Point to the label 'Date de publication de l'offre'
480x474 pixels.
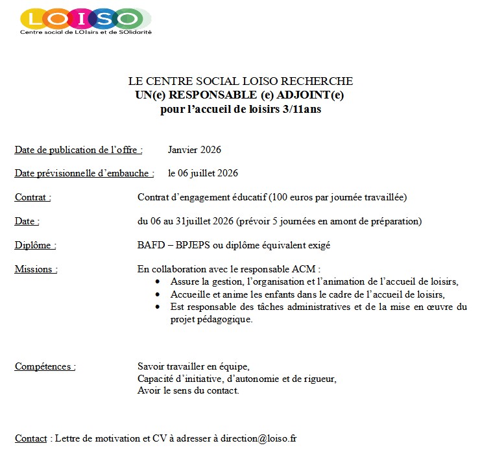(78, 150)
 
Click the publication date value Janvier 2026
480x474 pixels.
(194, 150)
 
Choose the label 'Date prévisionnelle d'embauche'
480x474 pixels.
(84, 173)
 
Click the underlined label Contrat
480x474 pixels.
(32, 197)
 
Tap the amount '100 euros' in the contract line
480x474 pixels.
(303, 197)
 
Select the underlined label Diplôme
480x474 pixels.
(35, 245)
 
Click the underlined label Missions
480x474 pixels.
(36, 269)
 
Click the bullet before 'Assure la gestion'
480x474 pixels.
(158, 282)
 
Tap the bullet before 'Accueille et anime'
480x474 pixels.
(158, 294)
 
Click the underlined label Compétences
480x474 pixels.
(45, 366)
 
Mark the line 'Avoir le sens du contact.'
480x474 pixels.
(188, 390)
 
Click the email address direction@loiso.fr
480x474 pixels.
(258, 438)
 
